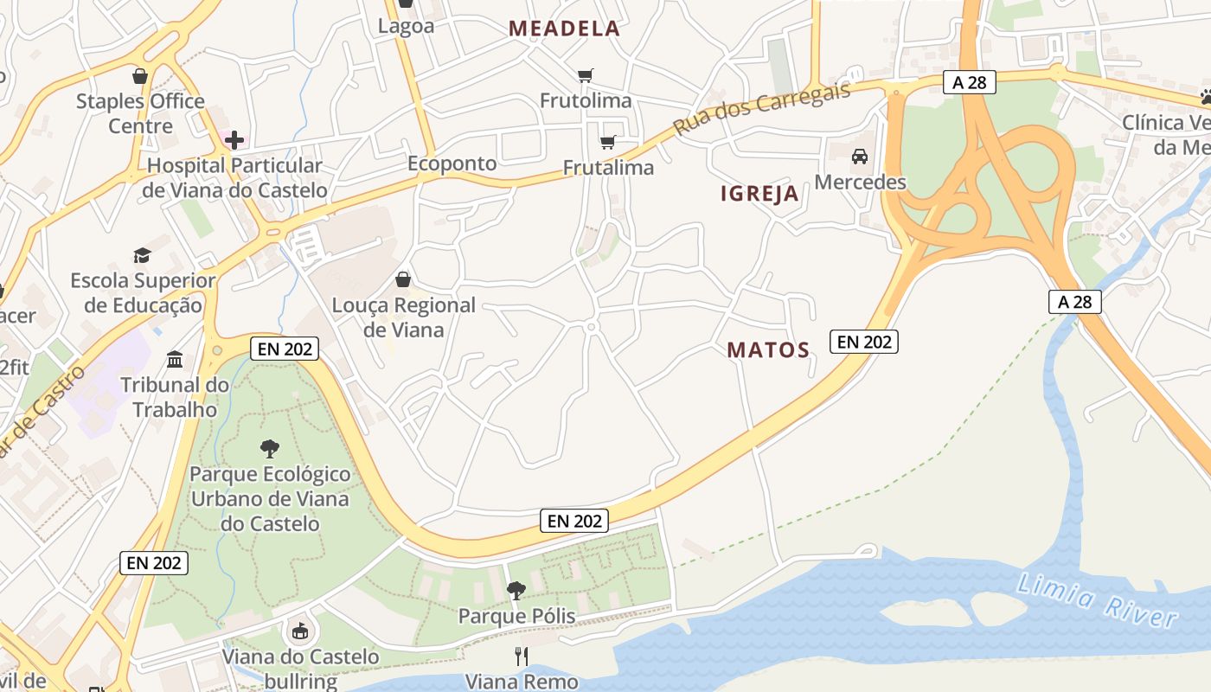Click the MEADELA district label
[564, 29]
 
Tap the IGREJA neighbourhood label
[759, 194]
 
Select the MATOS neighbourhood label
[768, 350]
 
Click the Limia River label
[1097, 599]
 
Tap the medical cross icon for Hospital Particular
[234, 139]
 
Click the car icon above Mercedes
[860, 157]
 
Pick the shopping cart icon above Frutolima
[586, 75]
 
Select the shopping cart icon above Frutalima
[608, 142]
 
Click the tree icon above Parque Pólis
[516, 591]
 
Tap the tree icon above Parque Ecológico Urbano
[270, 448]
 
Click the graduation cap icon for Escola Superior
[143, 255]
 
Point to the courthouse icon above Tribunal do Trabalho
[175, 359]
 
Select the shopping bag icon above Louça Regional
[403, 279]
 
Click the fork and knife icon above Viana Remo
[521, 657]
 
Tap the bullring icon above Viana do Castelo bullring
[300, 631]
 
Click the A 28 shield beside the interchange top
[970, 82]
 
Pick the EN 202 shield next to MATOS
[864, 342]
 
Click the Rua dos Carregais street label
[763, 107]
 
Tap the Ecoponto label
[452, 163]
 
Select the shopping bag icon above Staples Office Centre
[140, 76]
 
